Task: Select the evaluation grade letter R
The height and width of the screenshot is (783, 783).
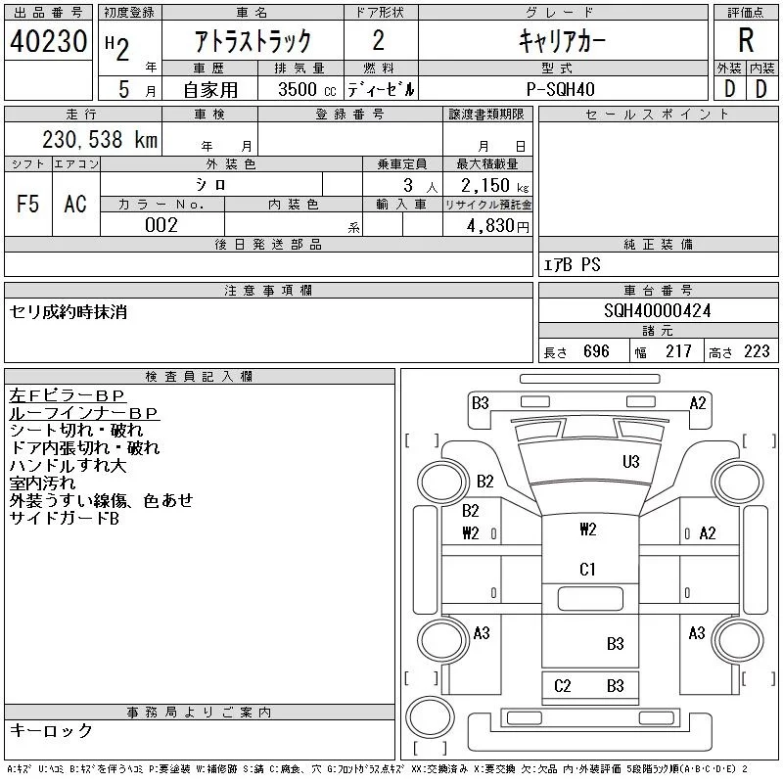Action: click(746, 40)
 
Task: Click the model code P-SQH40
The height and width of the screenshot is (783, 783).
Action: click(561, 88)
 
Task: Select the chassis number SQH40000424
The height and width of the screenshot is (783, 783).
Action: click(658, 310)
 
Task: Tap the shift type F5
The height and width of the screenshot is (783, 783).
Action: click(28, 204)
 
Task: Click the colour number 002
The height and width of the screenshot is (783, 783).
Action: click(161, 225)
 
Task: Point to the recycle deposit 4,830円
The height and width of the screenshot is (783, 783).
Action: click(489, 225)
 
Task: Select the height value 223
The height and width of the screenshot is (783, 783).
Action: click(757, 351)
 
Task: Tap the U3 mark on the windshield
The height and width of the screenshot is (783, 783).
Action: click(631, 462)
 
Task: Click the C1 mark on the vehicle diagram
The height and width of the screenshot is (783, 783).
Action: click(587, 569)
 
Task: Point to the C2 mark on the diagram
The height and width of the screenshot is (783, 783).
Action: click(562, 686)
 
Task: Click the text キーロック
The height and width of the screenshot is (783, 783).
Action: click(51, 730)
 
